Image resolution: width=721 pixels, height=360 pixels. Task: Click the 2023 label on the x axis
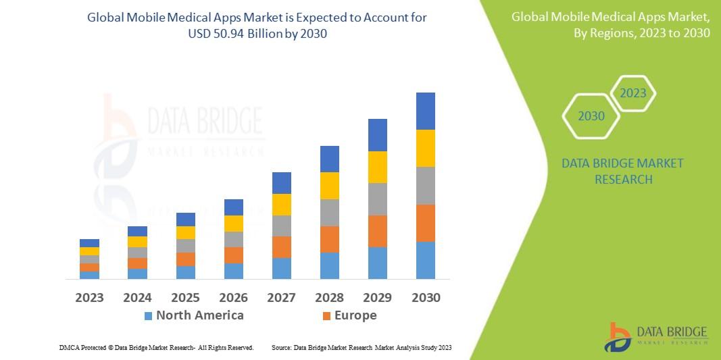tap(89, 297)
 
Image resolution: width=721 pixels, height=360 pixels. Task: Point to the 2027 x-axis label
tap(281, 297)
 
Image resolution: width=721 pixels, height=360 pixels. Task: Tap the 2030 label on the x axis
tap(425, 297)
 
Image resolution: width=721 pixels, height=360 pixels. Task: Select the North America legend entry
tap(199, 315)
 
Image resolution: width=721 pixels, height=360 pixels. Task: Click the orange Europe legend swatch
tap(327, 316)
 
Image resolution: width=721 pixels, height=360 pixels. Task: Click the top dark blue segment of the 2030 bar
tap(425, 111)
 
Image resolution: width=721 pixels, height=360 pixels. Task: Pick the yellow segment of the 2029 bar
tap(377, 167)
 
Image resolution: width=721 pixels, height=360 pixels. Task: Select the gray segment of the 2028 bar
tap(329, 212)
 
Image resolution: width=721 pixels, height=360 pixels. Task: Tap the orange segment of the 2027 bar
tap(281, 247)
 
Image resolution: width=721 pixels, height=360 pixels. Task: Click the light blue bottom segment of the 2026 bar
tap(233, 271)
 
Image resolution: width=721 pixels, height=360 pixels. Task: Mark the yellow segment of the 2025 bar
tap(185, 232)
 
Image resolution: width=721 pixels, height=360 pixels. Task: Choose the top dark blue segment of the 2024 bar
tap(137, 231)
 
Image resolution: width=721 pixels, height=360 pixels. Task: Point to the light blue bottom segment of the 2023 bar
tap(89, 275)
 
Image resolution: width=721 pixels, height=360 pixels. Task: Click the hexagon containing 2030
tap(591, 116)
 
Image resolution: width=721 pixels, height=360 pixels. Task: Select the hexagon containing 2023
tap(633, 93)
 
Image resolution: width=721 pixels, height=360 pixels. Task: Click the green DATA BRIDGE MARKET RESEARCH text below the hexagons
tap(622, 171)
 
